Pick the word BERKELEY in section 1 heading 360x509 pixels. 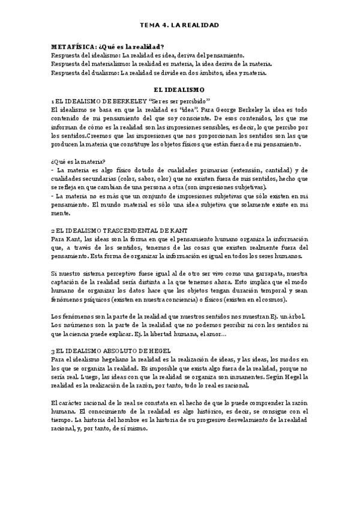[124, 101]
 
